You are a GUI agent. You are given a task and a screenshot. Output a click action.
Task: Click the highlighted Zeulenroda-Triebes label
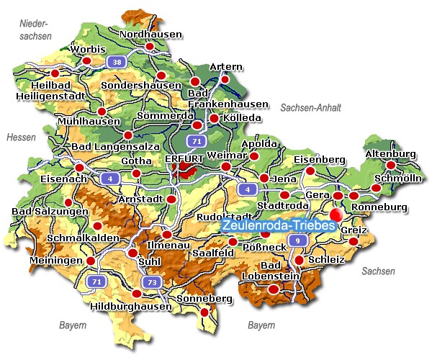(x=279, y=225)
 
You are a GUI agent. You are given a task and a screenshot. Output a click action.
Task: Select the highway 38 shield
(x=115, y=63)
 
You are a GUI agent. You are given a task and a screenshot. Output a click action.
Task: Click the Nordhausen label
(x=150, y=34)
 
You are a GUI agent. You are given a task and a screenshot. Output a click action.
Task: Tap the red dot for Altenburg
(x=391, y=165)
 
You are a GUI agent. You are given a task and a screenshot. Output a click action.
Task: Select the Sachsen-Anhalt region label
(x=310, y=107)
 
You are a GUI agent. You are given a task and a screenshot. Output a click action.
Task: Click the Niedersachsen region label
(x=36, y=29)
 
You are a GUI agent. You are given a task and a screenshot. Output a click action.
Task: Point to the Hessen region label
(x=20, y=137)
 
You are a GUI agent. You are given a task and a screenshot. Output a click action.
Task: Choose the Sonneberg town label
(x=206, y=299)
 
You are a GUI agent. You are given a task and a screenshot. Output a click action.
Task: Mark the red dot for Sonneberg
(x=204, y=312)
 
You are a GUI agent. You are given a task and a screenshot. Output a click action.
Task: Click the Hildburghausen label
(x=132, y=306)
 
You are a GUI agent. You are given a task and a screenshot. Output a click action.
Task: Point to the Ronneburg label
(x=379, y=207)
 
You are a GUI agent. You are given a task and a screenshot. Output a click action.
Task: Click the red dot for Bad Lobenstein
(x=273, y=289)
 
